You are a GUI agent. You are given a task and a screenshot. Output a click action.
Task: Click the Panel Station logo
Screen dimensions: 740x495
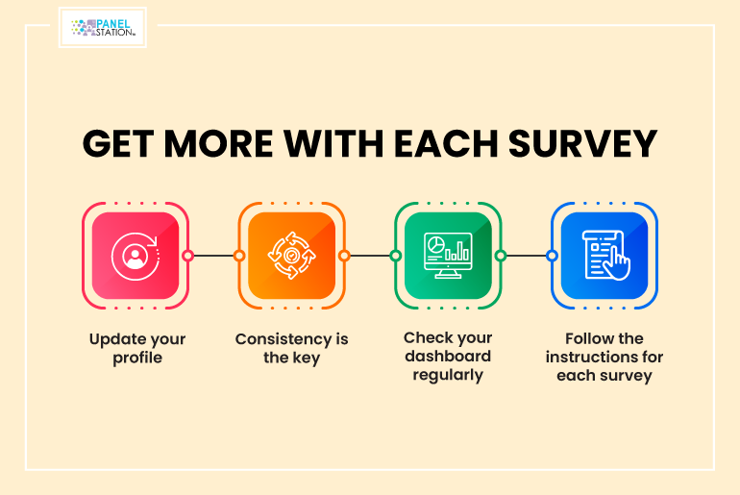tap(103, 27)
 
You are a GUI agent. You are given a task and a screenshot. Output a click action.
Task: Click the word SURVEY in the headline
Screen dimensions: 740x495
tap(582, 143)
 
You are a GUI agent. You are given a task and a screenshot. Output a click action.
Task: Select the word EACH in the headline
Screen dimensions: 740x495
tap(446, 143)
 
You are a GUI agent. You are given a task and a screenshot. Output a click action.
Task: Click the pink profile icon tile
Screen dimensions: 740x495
tap(136, 256)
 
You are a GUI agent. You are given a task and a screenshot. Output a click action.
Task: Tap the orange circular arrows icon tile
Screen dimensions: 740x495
tap(291, 256)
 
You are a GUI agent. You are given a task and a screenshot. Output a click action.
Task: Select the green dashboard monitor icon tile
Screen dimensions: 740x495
tap(448, 256)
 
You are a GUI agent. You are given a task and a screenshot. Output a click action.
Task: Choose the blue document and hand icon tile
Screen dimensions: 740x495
tap(604, 256)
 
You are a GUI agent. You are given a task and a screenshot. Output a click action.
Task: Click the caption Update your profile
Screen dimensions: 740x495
tap(137, 348)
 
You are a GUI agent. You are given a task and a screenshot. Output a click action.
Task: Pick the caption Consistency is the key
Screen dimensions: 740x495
tap(291, 348)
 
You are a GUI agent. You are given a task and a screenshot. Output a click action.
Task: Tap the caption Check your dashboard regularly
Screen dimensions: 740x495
tap(448, 357)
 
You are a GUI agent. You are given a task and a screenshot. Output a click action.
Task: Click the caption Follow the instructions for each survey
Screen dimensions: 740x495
tap(604, 357)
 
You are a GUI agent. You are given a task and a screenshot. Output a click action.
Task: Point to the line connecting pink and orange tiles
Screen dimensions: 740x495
tap(213, 256)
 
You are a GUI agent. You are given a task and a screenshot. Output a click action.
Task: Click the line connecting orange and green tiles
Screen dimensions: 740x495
tap(370, 256)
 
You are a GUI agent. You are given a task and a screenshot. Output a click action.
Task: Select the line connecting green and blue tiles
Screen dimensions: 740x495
tap(527, 256)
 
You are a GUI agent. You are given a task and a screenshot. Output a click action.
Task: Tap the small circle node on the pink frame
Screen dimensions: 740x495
tap(187, 256)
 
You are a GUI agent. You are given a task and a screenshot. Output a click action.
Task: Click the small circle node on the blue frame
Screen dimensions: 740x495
tap(552, 256)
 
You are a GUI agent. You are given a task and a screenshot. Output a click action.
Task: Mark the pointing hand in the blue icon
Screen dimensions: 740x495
tap(617, 263)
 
